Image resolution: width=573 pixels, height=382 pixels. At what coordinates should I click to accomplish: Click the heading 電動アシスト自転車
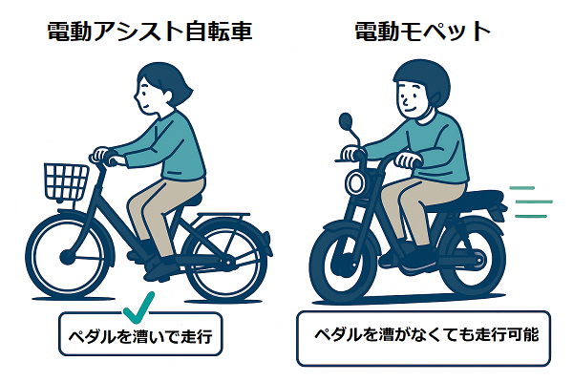(150, 32)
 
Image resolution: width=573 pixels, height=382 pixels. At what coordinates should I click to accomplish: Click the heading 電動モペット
(422, 32)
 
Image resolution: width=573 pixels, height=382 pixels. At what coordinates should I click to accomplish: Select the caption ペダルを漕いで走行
(140, 336)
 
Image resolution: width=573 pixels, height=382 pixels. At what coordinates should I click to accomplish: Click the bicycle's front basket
(66, 182)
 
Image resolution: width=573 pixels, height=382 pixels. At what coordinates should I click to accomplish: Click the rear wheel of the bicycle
(226, 261)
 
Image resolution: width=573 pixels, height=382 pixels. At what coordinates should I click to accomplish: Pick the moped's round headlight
(355, 182)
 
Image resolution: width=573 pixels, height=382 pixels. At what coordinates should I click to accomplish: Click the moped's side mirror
(346, 121)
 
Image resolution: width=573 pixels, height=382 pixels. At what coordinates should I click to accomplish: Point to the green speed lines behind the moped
(531, 202)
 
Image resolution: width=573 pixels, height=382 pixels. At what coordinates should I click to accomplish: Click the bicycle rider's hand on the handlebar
(101, 155)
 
